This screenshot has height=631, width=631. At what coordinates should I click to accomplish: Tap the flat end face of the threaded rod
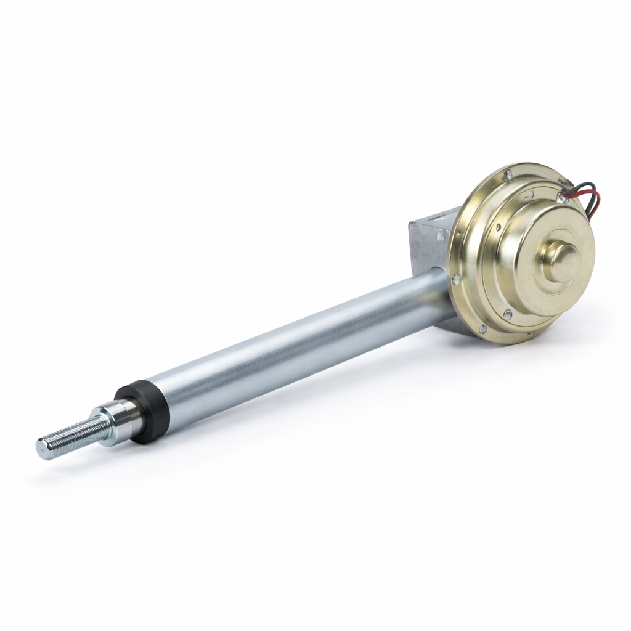(41, 449)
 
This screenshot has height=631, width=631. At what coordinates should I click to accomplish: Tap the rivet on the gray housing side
(439, 237)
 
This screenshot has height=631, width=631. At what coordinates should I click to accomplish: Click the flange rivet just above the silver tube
(457, 279)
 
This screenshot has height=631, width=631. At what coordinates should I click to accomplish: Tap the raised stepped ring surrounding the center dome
(542, 277)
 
